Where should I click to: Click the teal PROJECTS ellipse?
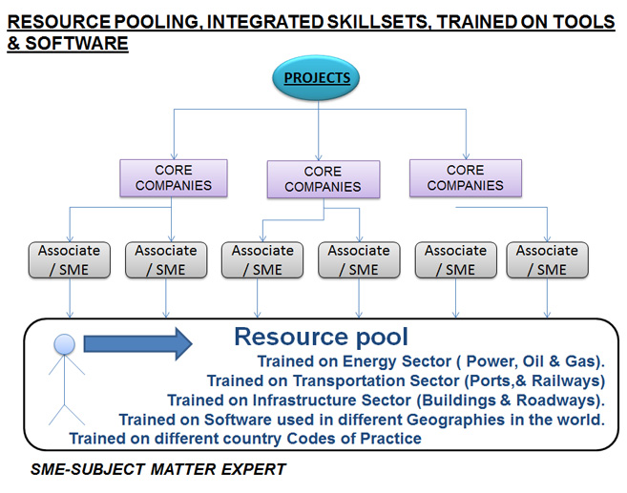click(316, 77)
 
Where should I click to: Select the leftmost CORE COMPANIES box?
click(174, 178)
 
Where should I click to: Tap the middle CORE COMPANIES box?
click(324, 179)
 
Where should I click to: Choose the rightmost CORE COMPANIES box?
click(466, 178)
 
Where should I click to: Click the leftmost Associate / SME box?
click(70, 260)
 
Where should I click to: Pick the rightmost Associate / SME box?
click(548, 260)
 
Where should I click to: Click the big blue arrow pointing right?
click(138, 343)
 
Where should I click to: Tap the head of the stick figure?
click(64, 344)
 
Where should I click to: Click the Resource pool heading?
click(321, 337)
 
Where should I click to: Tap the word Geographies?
click(456, 421)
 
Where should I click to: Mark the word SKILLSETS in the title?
click(380, 22)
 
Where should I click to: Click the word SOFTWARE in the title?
click(76, 43)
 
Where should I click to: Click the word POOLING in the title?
click(157, 22)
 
